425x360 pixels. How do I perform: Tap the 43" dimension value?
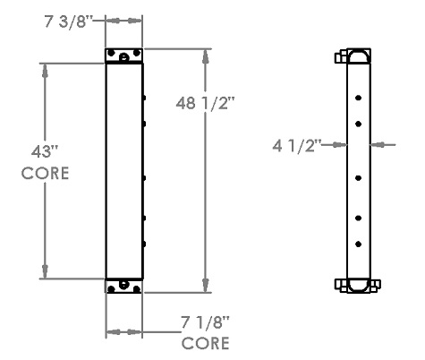[x=43, y=150]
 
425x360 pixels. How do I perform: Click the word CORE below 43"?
[x=46, y=173]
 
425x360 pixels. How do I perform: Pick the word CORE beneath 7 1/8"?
[x=205, y=343]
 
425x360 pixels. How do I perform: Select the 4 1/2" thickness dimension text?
[x=297, y=143]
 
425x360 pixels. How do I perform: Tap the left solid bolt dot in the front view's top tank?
[x=111, y=53]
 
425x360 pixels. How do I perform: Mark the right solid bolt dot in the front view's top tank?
[x=137, y=53]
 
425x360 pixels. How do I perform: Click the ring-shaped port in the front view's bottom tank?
[x=123, y=287]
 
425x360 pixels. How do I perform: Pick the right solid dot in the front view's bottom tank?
[x=135, y=287]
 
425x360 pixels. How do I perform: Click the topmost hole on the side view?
[x=358, y=99]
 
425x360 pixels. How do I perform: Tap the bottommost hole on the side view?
[x=358, y=243]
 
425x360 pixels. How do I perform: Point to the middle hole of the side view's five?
[x=358, y=178]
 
